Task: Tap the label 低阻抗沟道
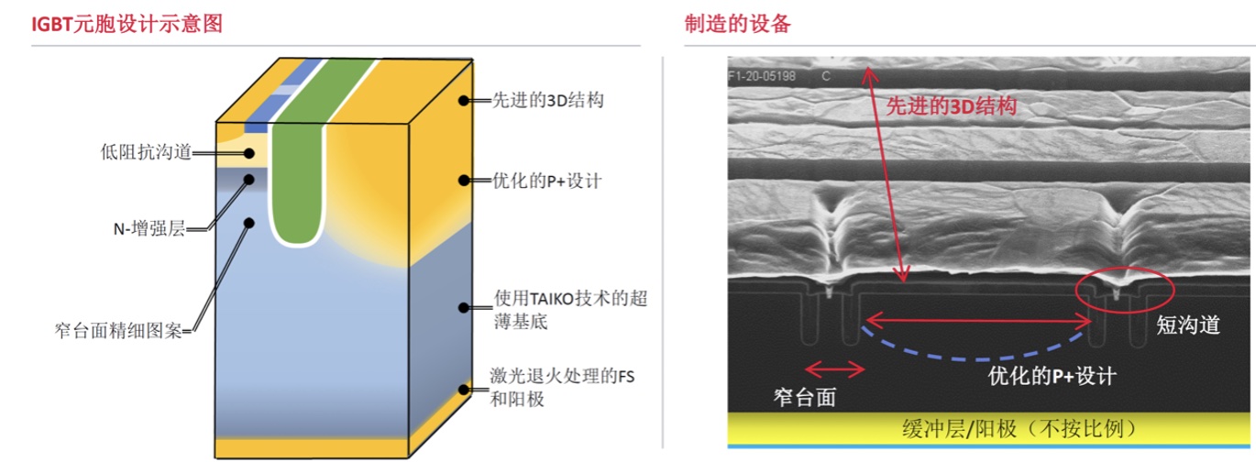[x=147, y=152]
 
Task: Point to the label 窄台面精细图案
[x=118, y=328]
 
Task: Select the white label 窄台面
[x=798, y=397]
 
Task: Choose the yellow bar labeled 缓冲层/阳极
[x=987, y=428]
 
